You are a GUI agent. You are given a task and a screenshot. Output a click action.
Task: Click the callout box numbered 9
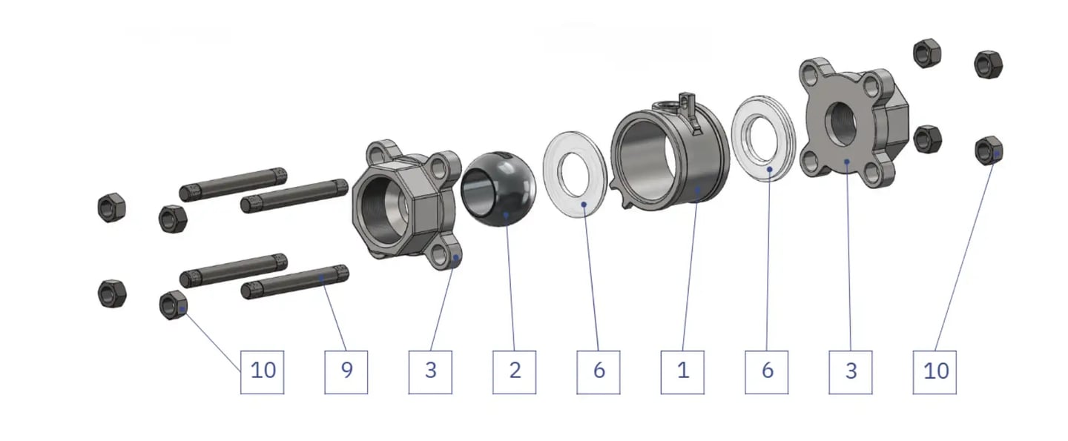point(346,372)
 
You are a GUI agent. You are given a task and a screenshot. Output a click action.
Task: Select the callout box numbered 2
point(514,372)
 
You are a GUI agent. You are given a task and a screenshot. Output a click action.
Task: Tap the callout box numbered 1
point(682,372)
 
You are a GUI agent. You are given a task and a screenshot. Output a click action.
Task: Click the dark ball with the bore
point(498,188)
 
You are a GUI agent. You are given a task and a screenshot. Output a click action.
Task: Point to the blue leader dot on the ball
point(506,215)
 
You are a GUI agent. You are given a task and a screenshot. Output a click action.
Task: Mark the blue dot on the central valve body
point(697,190)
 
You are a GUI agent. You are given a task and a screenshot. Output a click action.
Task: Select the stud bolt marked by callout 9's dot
point(294,282)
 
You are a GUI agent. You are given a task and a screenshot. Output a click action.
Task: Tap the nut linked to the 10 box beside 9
point(173,305)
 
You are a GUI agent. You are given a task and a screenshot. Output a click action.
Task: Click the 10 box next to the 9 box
point(263,372)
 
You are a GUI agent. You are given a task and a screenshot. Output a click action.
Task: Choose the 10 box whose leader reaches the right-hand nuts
point(934,372)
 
